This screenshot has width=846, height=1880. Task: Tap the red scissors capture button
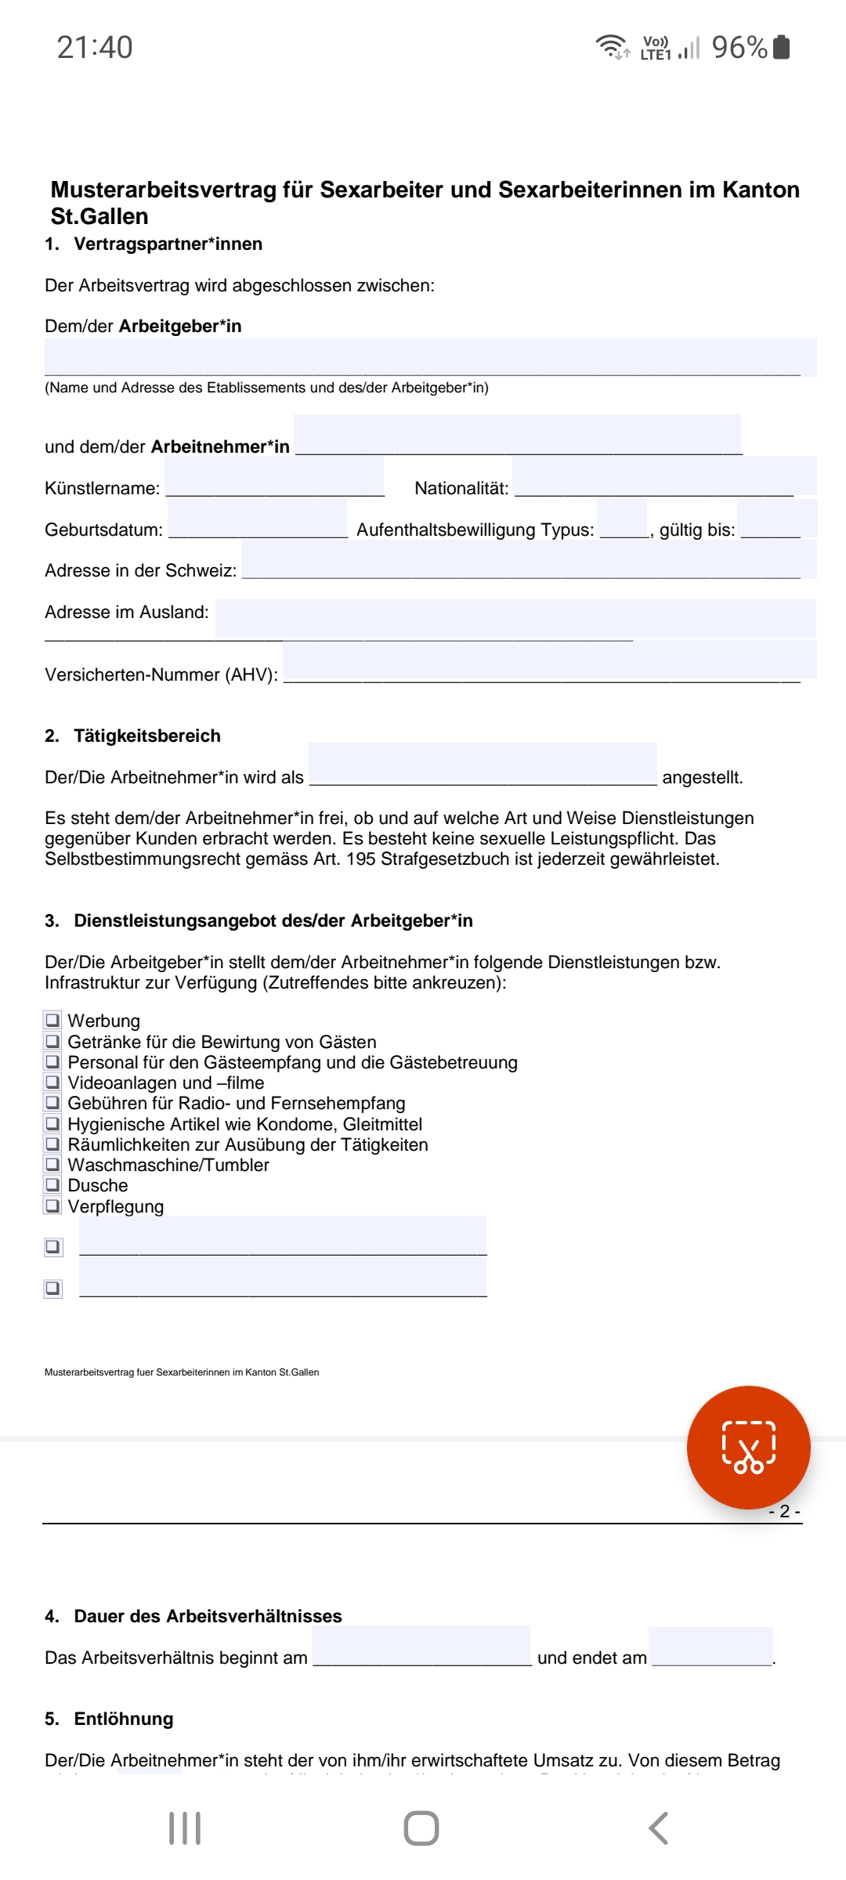(x=748, y=1447)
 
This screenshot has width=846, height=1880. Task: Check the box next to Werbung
(x=52, y=1020)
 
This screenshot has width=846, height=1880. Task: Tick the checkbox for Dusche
(x=52, y=1184)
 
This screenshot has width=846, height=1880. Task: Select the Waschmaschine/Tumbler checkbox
(x=52, y=1164)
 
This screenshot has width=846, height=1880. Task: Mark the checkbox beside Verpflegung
(x=52, y=1206)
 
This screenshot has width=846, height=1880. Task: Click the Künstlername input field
(x=274, y=478)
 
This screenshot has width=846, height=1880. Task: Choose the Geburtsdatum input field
(x=257, y=519)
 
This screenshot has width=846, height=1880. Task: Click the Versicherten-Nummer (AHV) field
(x=548, y=660)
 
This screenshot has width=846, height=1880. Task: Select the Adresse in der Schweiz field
(x=529, y=560)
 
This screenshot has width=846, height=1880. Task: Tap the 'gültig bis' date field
(x=776, y=519)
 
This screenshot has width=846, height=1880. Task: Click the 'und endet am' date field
(x=710, y=1647)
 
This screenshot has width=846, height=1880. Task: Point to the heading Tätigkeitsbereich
(x=147, y=736)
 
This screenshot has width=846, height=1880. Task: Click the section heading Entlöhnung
(x=124, y=1719)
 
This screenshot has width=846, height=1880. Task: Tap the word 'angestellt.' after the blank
(x=702, y=777)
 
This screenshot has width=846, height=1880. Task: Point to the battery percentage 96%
(x=739, y=48)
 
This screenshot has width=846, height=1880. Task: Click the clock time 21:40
(x=95, y=48)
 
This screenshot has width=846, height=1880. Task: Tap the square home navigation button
(x=421, y=1828)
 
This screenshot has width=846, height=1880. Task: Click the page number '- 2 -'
(x=785, y=1512)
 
